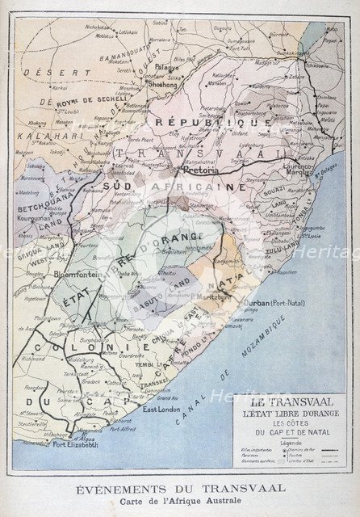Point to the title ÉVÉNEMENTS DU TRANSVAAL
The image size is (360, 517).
pyautogui.click(x=179, y=488)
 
